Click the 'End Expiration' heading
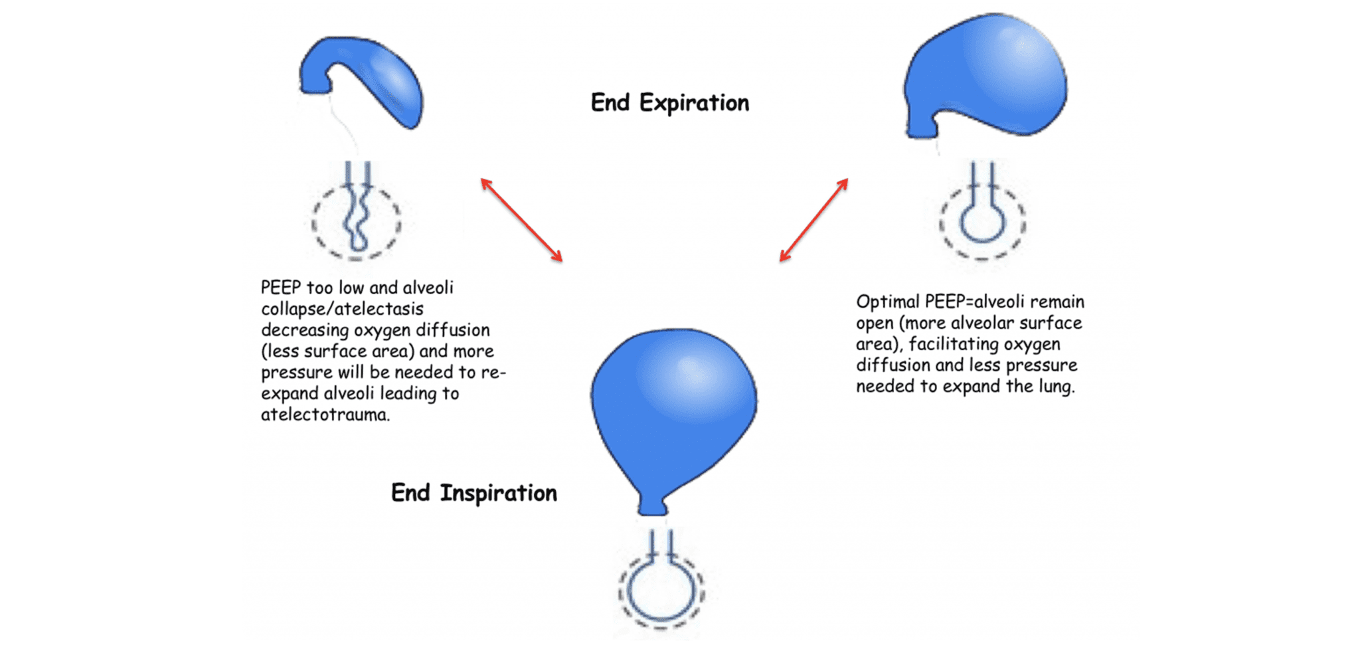pyautogui.click(x=669, y=104)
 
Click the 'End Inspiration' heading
pyautogui.click(x=473, y=494)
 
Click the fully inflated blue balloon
pyautogui.click(x=673, y=405)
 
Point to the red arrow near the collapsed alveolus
pyautogui.click(x=522, y=220)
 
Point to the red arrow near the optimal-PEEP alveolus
pyautogui.click(x=813, y=220)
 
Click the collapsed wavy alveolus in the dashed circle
pyautogui.click(x=357, y=219)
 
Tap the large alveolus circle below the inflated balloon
pyautogui.click(x=661, y=589)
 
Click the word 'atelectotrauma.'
pyautogui.click(x=325, y=415)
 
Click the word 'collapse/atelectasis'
pyautogui.click(x=342, y=310)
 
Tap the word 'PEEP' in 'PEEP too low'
pyautogui.click(x=281, y=288)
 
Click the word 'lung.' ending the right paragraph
pyautogui.click(x=1057, y=387)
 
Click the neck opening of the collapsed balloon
pyautogui.click(x=315, y=85)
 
